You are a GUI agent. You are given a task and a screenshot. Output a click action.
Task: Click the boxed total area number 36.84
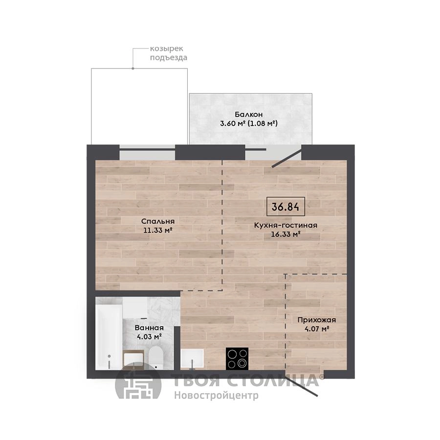point(286,207)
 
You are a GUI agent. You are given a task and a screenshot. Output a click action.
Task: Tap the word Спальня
point(158,221)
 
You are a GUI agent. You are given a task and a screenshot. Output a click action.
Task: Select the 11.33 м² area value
point(157,230)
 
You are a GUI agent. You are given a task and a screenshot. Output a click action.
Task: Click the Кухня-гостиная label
point(286,225)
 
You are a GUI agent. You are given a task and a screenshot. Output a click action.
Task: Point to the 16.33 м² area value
point(286,234)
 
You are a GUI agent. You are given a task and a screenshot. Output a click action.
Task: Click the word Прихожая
point(316,320)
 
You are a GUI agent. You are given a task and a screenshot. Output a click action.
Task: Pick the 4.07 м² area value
point(316,329)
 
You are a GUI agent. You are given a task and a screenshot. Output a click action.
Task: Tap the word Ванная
point(149,328)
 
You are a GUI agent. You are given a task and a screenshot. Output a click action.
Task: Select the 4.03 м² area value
point(149,336)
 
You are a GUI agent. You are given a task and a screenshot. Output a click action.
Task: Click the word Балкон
point(249,114)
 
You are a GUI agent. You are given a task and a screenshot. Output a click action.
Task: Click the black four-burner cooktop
point(237,359)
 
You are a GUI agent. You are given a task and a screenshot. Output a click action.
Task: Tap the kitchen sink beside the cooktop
point(192,359)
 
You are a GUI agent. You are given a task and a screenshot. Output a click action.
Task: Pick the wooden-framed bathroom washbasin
point(133,359)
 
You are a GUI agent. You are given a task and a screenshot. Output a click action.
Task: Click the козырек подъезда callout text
point(168,53)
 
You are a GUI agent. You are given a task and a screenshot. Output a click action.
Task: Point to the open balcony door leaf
point(286,158)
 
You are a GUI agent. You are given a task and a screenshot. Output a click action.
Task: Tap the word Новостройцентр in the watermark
point(216,396)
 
